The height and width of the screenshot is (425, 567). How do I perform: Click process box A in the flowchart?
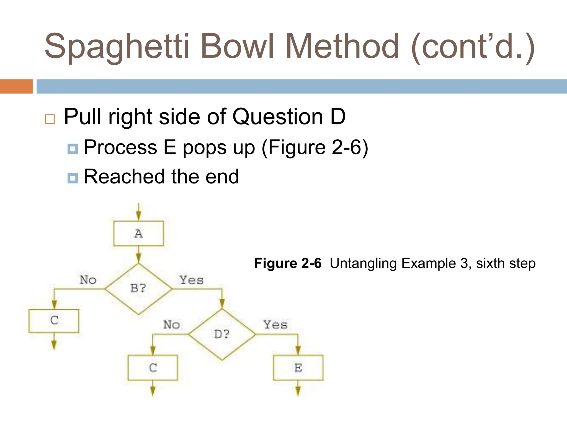(138, 233)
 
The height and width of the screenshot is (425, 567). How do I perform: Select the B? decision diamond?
(138, 289)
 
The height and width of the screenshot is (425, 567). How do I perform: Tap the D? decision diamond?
(222, 334)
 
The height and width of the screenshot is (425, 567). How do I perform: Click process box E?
(298, 368)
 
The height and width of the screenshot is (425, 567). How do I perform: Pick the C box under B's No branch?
(54, 320)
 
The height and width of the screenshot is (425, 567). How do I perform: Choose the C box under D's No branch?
(153, 368)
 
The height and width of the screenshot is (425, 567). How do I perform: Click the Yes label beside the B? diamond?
(191, 280)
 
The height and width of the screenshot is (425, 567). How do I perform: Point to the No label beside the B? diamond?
(88, 280)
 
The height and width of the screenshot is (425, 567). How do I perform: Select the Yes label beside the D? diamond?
(275, 325)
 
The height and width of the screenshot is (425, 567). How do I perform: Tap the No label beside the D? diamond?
(171, 325)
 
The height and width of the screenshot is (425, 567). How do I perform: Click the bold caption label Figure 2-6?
(288, 263)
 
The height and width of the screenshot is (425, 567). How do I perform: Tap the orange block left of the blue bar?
(16, 86)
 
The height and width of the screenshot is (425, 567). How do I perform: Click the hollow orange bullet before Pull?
(50, 119)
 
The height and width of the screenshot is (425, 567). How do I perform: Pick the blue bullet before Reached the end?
(73, 178)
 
